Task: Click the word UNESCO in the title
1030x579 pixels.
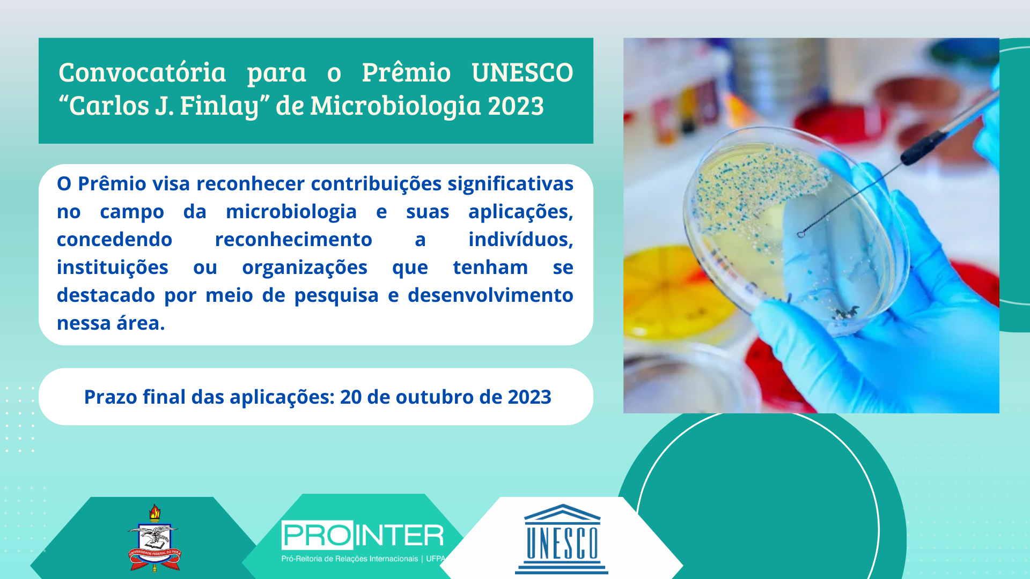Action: click(x=522, y=72)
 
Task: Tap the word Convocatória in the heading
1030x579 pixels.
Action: click(x=142, y=72)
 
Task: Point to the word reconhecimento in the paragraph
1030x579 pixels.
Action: click(x=293, y=240)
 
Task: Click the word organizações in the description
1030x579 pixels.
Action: click(x=305, y=268)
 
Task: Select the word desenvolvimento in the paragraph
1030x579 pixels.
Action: click(x=490, y=295)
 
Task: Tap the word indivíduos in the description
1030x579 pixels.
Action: click(x=520, y=240)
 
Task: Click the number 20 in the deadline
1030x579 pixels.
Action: click(x=351, y=397)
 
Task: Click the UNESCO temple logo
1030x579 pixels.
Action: click(x=562, y=539)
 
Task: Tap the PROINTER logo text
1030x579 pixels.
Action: click(x=363, y=535)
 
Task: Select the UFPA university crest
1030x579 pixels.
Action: click(x=154, y=538)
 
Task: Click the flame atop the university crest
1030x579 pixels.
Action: click(x=154, y=513)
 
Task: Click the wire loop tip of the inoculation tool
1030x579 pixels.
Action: click(x=801, y=234)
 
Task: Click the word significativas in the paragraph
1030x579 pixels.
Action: click(x=511, y=184)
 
